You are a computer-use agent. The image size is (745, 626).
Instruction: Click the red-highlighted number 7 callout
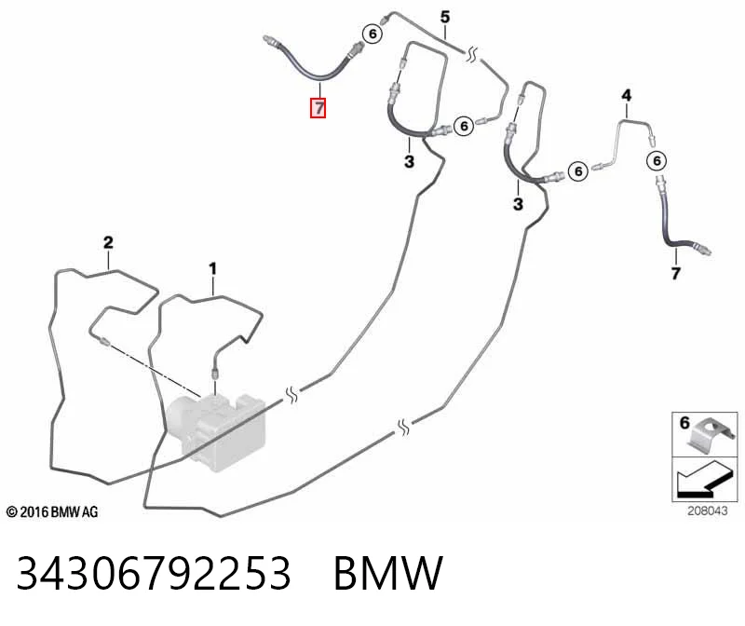click(318, 108)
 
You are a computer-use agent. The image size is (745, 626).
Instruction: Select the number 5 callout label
click(445, 17)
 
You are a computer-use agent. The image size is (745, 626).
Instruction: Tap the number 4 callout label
click(627, 96)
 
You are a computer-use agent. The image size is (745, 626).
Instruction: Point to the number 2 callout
click(108, 242)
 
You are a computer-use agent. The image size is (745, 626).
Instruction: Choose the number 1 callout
click(212, 268)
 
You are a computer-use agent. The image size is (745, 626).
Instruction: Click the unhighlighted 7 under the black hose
click(676, 273)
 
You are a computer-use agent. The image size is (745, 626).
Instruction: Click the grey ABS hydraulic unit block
click(216, 431)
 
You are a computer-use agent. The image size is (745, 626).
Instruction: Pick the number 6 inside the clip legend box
click(684, 423)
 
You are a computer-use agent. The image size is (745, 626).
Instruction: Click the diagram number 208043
click(708, 511)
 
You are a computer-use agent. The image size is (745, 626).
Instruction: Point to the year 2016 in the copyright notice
click(34, 512)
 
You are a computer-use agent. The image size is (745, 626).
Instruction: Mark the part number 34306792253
click(154, 573)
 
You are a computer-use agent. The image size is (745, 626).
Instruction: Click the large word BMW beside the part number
click(388, 573)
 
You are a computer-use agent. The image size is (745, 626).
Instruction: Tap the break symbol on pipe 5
click(472, 54)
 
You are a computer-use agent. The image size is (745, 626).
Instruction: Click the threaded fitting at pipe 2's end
click(103, 341)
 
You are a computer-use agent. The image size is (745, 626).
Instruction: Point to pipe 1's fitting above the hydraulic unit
click(215, 373)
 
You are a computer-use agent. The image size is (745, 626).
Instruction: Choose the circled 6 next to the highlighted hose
click(372, 34)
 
